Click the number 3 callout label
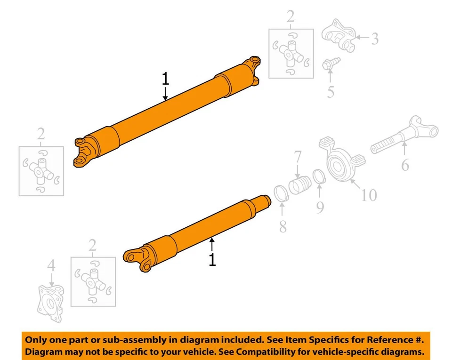(x=374, y=39)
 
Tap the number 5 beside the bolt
(x=331, y=92)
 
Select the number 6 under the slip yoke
(x=405, y=165)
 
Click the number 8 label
(x=282, y=226)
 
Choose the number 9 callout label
(x=320, y=207)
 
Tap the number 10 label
(x=369, y=194)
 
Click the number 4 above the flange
(x=51, y=266)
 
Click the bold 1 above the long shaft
(x=165, y=79)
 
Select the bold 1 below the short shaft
(x=212, y=259)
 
